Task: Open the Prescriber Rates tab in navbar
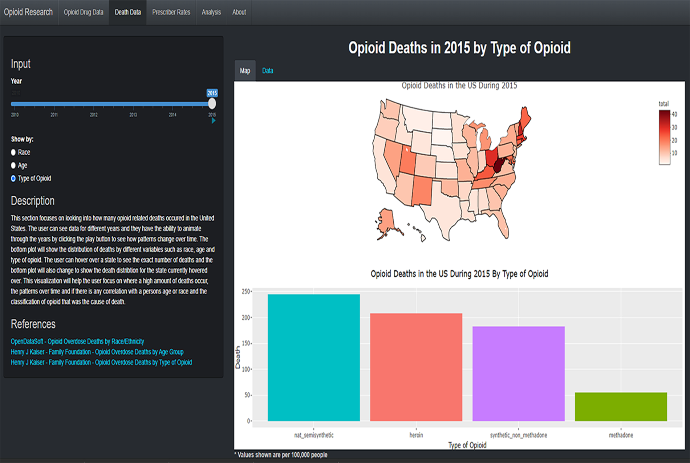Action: (171, 12)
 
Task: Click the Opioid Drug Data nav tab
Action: (84, 12)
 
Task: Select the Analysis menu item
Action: (211, 12)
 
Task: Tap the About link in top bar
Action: (239, 12)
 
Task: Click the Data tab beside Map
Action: (267, 71)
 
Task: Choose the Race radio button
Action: (13, 152)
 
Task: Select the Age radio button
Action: (13, 165)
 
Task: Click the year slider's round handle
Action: (212, 104)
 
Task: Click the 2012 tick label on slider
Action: (94, 115)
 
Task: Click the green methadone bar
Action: (621, 407)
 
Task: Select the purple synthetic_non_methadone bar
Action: (518, 374)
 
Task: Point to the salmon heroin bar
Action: (416, 367)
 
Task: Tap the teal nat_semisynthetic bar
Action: (313, 358)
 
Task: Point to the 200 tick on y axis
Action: (245, 318)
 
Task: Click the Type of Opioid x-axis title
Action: (467, 445)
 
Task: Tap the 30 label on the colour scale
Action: (674, 127)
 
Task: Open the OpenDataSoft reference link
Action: (77, 342)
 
